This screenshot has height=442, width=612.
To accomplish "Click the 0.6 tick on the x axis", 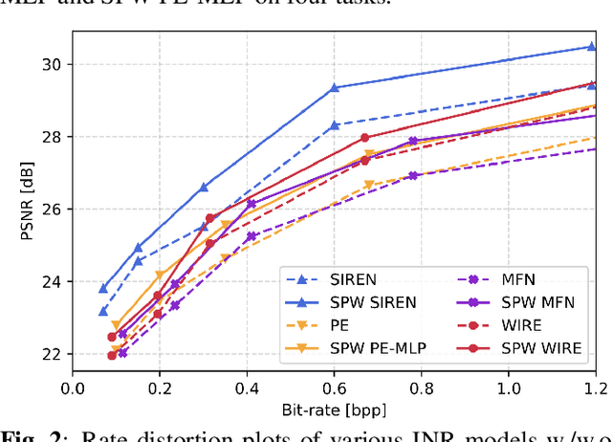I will click(334, 388).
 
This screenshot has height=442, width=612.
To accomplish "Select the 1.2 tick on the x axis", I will click(595, 388).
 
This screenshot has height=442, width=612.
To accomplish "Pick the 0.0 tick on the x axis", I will click(73, 388).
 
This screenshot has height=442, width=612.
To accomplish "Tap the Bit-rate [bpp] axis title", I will click(334, 409).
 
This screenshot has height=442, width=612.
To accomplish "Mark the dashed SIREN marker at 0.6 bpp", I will click(335, 125).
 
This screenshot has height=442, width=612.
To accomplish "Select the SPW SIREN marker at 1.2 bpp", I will click(591, 46).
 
